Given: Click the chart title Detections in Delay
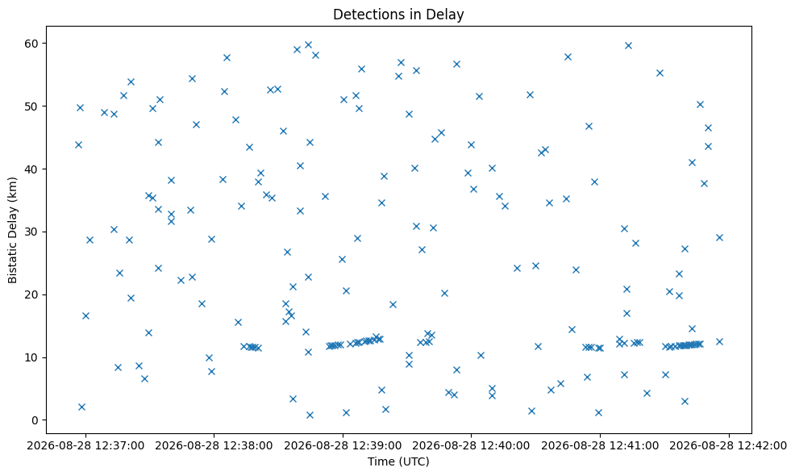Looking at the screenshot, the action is pos(398,15).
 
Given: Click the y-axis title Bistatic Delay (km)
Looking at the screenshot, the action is pos(12,230).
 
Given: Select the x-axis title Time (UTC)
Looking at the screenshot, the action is pos(398,461).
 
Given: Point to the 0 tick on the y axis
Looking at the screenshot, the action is pos(35,420).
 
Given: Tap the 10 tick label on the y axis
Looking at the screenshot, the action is pos(32,357).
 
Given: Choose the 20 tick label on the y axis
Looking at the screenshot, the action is pos(32,294).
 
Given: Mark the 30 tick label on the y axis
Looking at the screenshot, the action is pos(32,232).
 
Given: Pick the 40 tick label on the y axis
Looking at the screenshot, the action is pos(32,169).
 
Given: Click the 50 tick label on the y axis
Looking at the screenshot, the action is pos(32,106).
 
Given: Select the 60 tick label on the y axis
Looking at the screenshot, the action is pos(32,44).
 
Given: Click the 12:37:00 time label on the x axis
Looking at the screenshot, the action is pos(85,445).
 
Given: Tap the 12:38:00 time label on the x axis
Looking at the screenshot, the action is pos(214,445).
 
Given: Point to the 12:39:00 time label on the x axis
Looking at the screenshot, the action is pos(343,445).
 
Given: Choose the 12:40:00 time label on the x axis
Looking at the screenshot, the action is pos(471,445).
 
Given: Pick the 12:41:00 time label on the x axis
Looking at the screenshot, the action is pos(601,445).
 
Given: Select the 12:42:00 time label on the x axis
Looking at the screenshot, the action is pos(729,445).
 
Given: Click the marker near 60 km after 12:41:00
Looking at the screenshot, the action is pos(628,46).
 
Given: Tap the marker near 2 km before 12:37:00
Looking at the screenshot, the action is pos(81,407).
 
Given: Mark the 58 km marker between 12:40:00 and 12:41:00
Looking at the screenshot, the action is pos(568,56).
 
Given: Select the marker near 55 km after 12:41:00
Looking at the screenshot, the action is pos(660,73).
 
